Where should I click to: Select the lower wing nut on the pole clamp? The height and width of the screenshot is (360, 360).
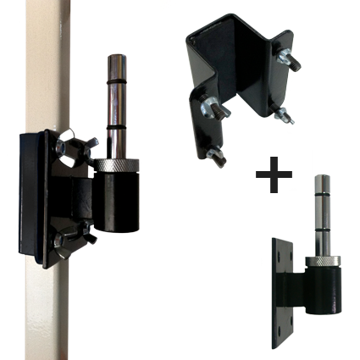71,242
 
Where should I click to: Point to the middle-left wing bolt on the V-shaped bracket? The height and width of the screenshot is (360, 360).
209,107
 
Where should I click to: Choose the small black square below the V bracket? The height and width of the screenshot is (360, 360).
274,174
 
